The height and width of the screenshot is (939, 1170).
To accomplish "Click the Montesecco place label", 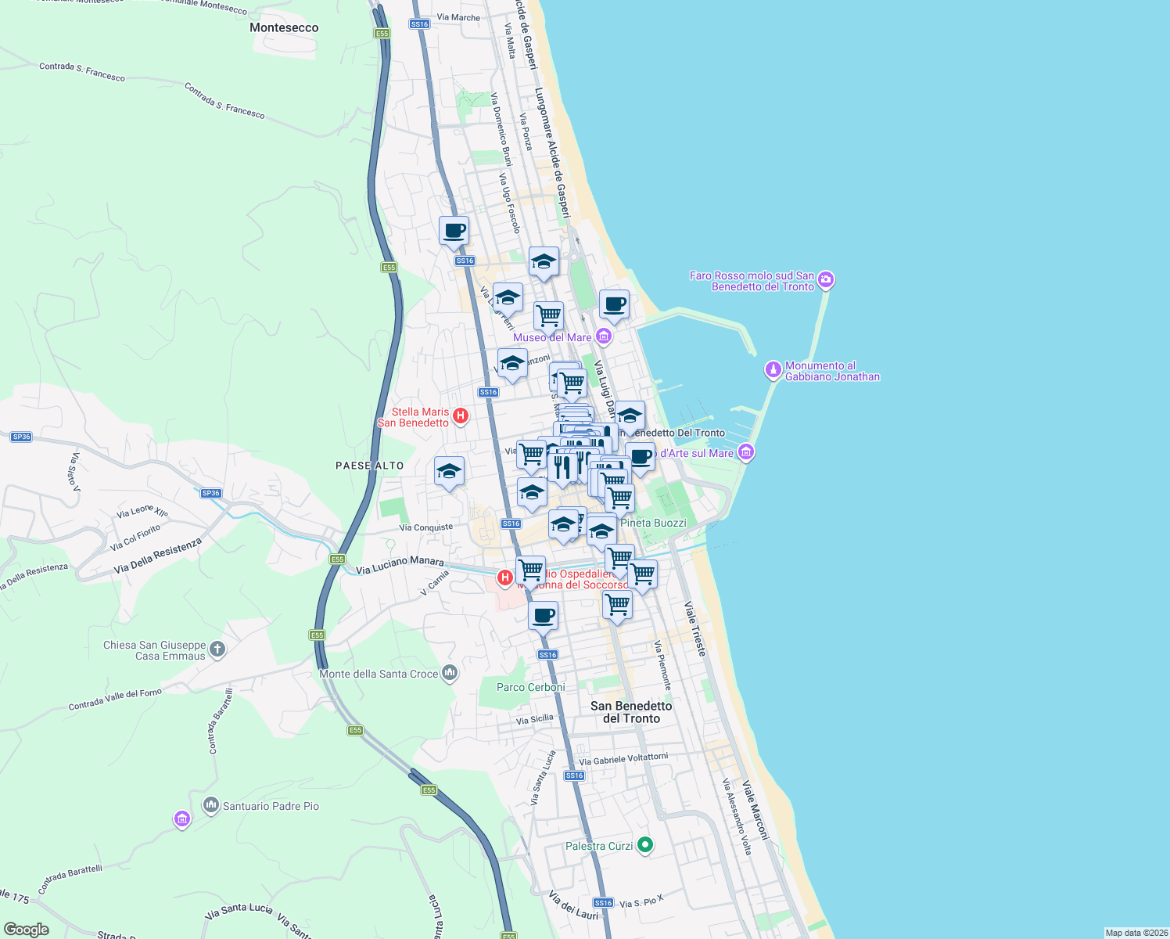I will click(284, 27).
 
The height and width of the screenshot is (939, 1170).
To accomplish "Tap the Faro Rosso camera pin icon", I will click(827, 280).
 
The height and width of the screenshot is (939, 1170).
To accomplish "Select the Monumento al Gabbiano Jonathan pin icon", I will click(773, 370).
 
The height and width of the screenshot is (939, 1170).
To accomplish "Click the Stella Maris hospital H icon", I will click(461, 416).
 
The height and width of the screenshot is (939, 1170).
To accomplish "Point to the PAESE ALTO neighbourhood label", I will click(370, 466).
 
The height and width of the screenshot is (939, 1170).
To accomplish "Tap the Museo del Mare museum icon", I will click(603, 337).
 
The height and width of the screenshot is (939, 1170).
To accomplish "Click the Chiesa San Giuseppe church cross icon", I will click(217, 649).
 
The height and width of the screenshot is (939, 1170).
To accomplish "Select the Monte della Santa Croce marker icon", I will click(449, 673).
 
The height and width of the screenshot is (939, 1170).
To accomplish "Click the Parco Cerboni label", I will click(531, 687).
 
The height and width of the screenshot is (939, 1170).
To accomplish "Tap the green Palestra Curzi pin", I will click(645, 845).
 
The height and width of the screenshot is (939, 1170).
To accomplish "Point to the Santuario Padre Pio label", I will click(271, 806).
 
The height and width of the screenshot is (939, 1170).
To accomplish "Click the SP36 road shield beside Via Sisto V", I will click(21, 437).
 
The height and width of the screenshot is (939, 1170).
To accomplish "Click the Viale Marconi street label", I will click(755, 810).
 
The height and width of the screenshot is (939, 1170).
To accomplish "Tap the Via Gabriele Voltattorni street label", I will click(623, 759).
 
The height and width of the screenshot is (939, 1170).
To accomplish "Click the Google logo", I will click(27, 930).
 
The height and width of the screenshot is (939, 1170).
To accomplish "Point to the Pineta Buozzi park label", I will click(653, 523).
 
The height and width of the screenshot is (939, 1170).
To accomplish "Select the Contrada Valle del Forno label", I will click(115, 699).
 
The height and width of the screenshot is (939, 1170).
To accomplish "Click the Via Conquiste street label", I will click(426, 527).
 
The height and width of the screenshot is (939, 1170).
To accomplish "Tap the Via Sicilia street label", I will click(535, 719).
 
